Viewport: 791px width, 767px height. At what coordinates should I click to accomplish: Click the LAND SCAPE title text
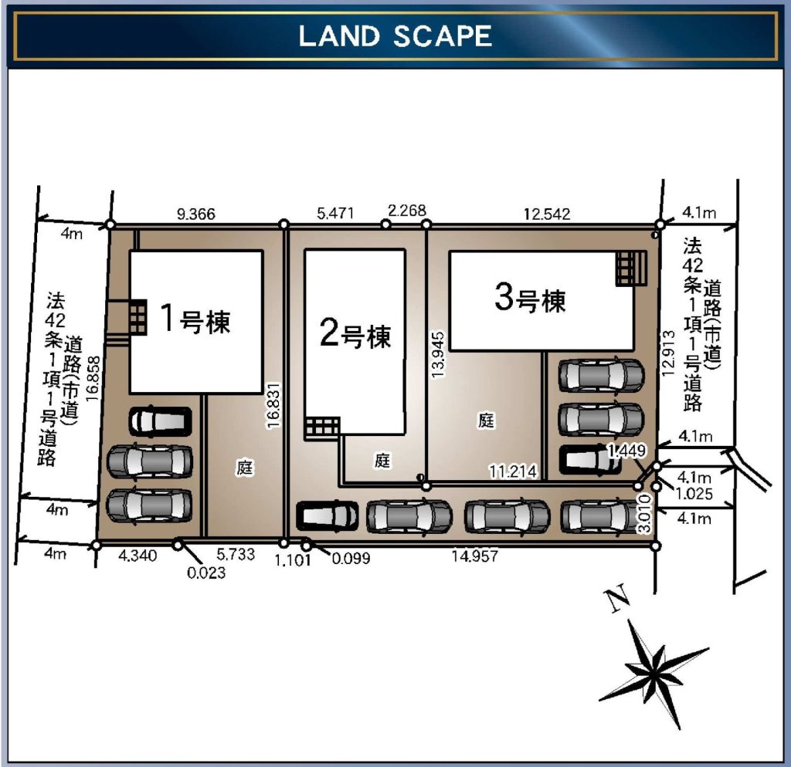point(395,36)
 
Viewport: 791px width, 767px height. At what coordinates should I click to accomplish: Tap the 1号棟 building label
point(195,319)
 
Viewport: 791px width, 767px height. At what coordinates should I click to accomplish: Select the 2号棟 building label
point(355,333)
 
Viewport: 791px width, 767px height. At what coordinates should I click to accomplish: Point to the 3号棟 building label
point(530,298)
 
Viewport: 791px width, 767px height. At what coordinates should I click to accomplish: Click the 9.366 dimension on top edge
point(195,215)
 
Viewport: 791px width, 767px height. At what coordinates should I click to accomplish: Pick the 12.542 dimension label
point(547,215)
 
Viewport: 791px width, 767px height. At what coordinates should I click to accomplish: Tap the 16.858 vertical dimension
point(93,378)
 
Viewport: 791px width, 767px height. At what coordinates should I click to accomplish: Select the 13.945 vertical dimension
point(438,354)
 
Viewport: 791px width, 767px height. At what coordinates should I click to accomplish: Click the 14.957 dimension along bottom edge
point(475,556)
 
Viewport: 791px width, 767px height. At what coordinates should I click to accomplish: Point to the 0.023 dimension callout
point(206,573)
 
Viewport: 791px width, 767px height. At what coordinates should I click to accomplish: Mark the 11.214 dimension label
point(513,471)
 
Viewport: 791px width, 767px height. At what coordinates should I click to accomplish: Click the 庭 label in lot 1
point(245,468)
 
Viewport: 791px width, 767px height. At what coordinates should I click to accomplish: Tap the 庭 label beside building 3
point(486,421)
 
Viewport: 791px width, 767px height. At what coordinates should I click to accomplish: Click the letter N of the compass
point(617,599)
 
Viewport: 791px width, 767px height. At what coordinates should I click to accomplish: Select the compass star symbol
point(654,674)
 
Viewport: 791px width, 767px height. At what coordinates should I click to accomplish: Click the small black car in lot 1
point(161,421)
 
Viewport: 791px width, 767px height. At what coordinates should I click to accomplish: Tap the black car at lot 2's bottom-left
point(328,516)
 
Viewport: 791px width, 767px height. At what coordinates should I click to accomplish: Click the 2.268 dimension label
point(406,211)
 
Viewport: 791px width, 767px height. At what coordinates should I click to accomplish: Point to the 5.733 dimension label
point(236,554)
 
